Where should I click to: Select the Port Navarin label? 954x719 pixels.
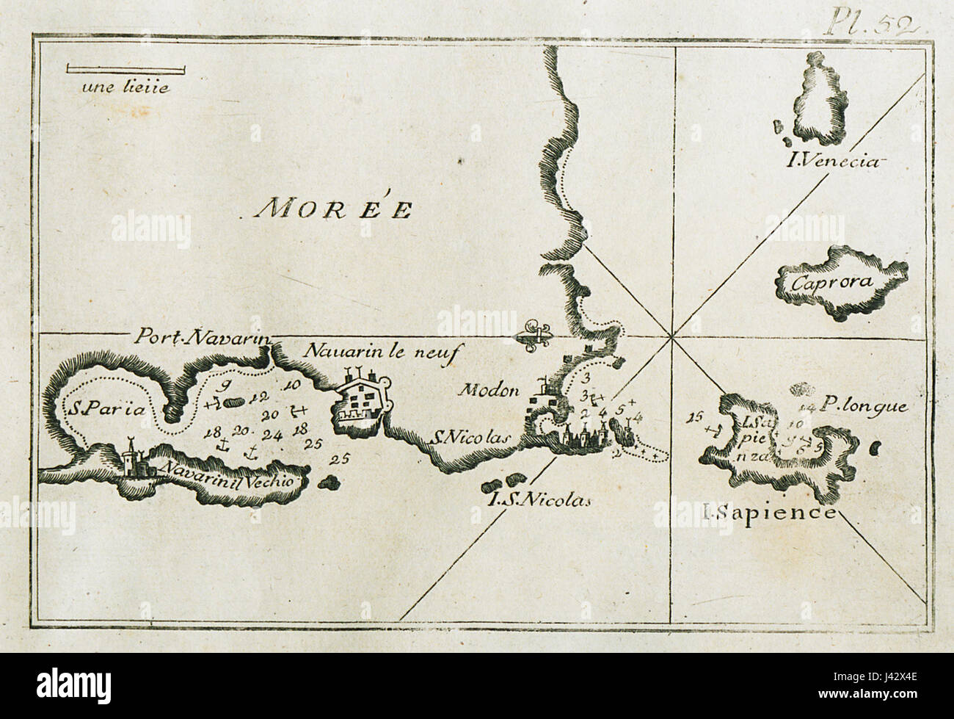pyautogui.click(x=203, y=336)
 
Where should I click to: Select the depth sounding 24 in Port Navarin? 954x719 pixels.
pyautogui.click(x=273, y=434)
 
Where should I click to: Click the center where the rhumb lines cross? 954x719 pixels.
pyautogui.click(x=671, y=336)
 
